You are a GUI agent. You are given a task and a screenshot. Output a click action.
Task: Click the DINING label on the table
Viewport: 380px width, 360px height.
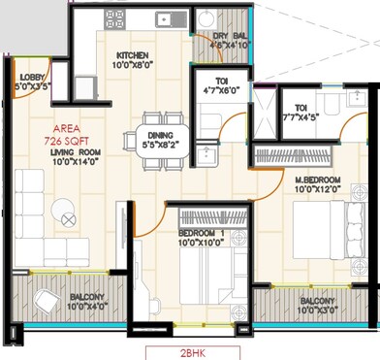pyautogui.click(x=155, y=136)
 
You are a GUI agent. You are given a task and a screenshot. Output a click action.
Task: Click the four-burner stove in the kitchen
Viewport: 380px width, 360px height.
pyautogui.click(x=114, y=18)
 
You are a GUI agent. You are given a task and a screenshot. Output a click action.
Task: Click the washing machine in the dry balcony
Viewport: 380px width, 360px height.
pyautogui.click(x=206, y=21)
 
